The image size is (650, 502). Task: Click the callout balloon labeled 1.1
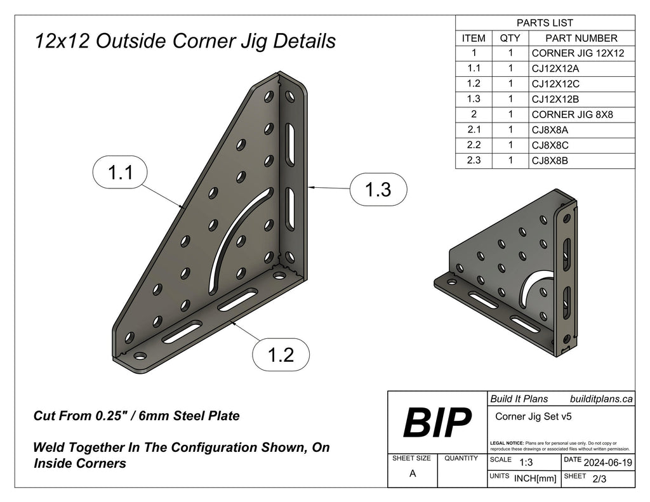point(120,173)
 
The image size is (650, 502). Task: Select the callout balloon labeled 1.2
point(281,355)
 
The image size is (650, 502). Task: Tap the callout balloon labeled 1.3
point(378,189)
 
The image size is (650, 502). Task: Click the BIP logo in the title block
point(437,422)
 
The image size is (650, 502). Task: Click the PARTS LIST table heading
point(545,23)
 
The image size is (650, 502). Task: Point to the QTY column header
point(510,38)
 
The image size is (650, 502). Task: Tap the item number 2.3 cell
point(474,161)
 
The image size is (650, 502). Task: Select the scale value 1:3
point(526,463)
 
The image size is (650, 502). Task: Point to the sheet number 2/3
point(598,480)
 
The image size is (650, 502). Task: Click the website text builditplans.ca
point(601,399)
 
